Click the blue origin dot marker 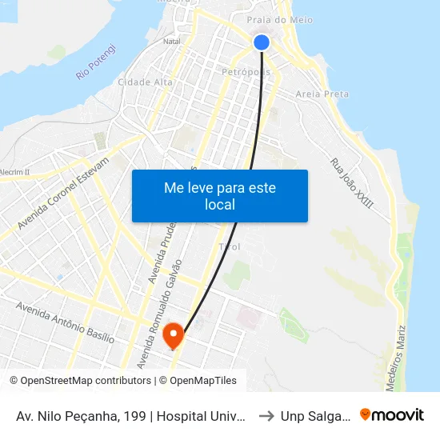[x=262, y=42]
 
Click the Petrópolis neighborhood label [x=247, y=72]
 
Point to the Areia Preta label [x=322, y=94]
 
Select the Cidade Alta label [x=145, y=82]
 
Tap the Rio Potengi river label [x=97, y=62]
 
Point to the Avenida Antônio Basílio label [x=65, y=322]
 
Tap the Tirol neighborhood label [x=230, y=246]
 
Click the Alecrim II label [x=14, y=172]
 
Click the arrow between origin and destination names [x=266, y=415]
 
